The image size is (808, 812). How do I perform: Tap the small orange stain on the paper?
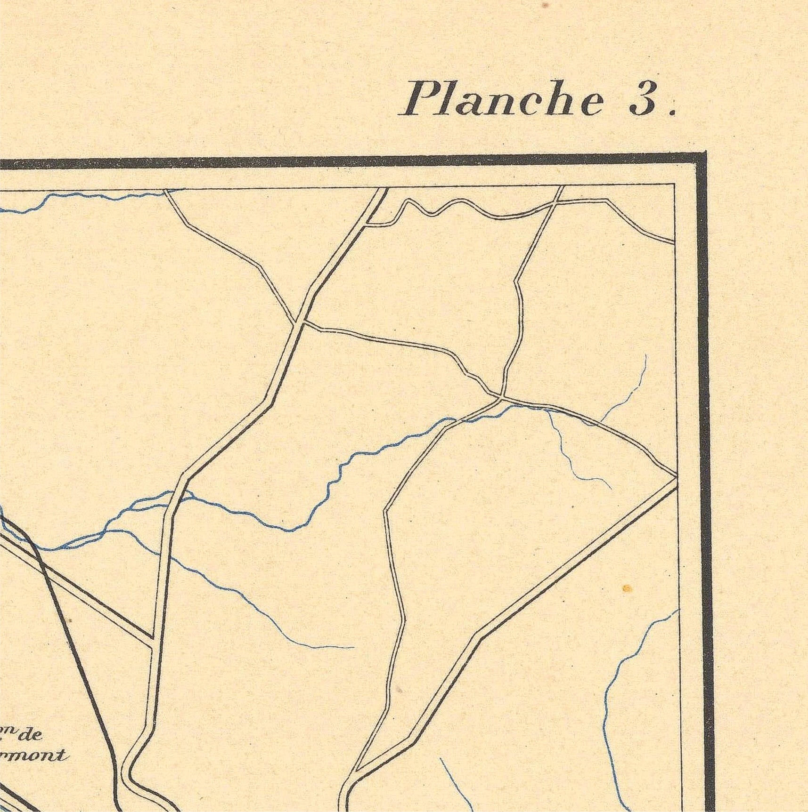[627, 588]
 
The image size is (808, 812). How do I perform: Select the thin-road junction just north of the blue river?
[499, 398]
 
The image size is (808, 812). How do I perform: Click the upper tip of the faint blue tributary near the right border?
[645, 356]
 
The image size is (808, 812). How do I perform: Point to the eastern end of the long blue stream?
[353, 648]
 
